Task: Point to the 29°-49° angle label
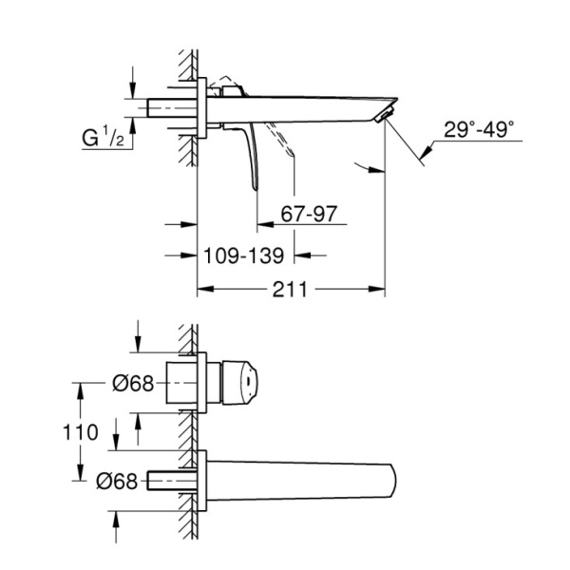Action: tap(481, 129)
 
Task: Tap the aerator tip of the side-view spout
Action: tap(384, 115)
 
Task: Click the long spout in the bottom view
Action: tap(304, 480)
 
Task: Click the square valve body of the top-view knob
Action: tap(184, 384)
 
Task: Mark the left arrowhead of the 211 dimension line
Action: tap(200, 290)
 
